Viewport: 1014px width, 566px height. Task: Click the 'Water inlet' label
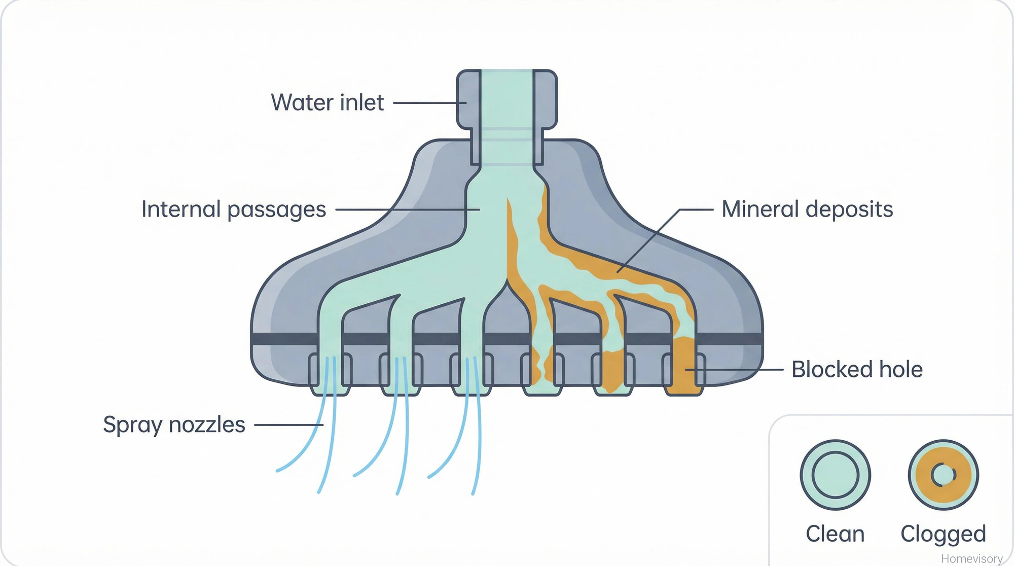tap(328, 102)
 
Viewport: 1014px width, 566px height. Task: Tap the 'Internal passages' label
tap(234, 209)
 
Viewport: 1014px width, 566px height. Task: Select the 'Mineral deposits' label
tap(807, 209)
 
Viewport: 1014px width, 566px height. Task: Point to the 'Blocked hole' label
tap(857, 369)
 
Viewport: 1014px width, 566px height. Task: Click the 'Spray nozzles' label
tap(174, 424)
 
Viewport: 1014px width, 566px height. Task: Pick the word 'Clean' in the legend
tap(835, 534)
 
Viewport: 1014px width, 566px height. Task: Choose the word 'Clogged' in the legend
tap(943, 534)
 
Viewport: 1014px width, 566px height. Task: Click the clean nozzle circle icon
tap(835, 475)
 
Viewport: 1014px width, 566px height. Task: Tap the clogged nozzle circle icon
tap(943, 475)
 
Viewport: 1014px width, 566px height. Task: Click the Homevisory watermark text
tap(971, 558)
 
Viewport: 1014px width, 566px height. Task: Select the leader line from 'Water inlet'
tap(428, 103)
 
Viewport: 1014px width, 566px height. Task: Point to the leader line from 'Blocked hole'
tap(735, 370)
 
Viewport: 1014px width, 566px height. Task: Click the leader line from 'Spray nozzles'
tap(287, 425)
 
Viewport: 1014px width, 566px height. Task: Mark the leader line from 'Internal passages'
tap(406, 209)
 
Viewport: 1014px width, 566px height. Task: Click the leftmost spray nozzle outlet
tap(330, 375)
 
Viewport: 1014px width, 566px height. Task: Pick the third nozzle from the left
tap(472, 375)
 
